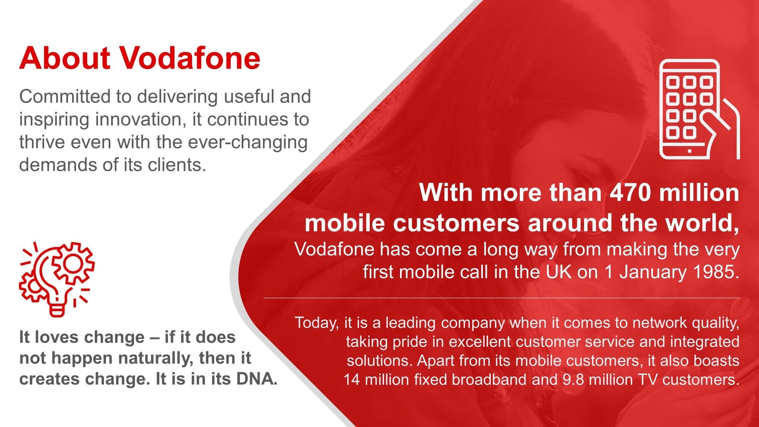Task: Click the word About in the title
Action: point(65,58)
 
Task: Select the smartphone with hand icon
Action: point(699,109)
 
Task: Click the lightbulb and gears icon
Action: point(57,279)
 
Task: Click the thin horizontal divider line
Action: point(502,298)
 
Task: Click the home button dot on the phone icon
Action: point(690,151)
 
